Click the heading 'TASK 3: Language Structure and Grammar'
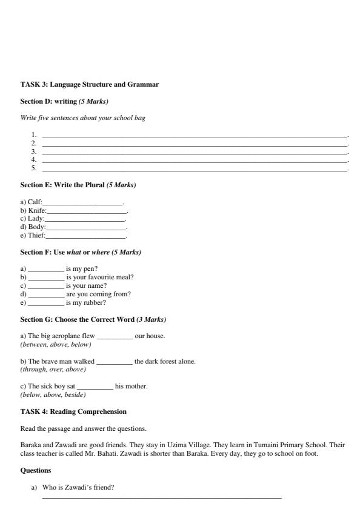click(90, 85)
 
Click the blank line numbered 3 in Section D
click(194, 151)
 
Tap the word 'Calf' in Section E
click(35, 202)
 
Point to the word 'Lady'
click(36, 219)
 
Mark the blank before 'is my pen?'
click(46, 268)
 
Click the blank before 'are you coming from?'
click(46, 294)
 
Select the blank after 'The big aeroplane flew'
click(115, 336)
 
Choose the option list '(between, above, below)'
click(56, 344)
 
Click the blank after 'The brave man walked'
click(114, 361)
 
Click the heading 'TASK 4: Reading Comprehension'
click(73, 412)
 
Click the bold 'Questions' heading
click(36, 470)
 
